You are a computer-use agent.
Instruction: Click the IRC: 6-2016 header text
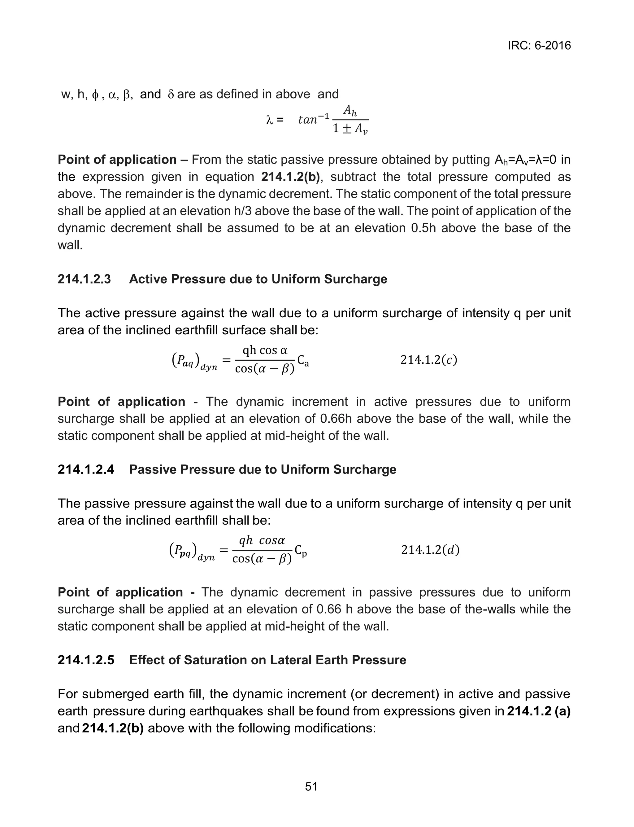(x=539, y=46)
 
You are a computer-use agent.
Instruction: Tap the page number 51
(x=311, y=787)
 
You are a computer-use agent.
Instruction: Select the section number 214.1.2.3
(x=84, y=279)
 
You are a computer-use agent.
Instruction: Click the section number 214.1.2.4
(x=86, y=469)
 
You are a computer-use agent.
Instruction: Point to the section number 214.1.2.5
(x=86, y=660)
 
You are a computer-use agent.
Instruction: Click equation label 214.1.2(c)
(x=428, y=360)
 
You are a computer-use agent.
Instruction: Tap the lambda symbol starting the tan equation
(x=269, y=120)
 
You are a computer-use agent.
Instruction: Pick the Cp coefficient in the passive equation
(x=301, y=551)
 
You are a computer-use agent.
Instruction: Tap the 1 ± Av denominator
(x=350, y=130)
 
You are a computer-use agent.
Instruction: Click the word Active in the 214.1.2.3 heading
(x=147, y=279)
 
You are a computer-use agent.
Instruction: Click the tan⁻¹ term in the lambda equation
(x=314, y=119)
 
